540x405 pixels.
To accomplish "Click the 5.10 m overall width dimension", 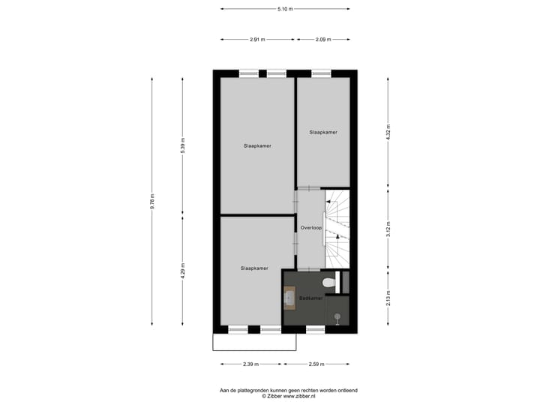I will pos(285,9).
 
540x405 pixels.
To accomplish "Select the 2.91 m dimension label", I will pos(258,40).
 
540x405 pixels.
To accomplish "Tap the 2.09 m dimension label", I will pos(323,40).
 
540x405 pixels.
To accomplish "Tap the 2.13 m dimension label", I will pos(388,298).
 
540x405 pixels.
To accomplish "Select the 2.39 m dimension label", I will pos(250,364).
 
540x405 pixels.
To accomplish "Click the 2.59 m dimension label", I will pos(316,364).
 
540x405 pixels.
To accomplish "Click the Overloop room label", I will pos(310,226).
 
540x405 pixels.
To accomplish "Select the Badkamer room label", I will pos(310,298).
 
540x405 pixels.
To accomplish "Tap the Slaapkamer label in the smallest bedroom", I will pos(323,132).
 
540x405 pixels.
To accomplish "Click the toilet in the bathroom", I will pos(327,283).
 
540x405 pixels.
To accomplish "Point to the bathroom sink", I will pos(289,298).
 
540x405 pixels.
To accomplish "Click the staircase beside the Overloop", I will pos(338,225).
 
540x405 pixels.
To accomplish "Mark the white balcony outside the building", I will pos(253,342).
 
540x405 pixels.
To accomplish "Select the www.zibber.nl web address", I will pos(299,397).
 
